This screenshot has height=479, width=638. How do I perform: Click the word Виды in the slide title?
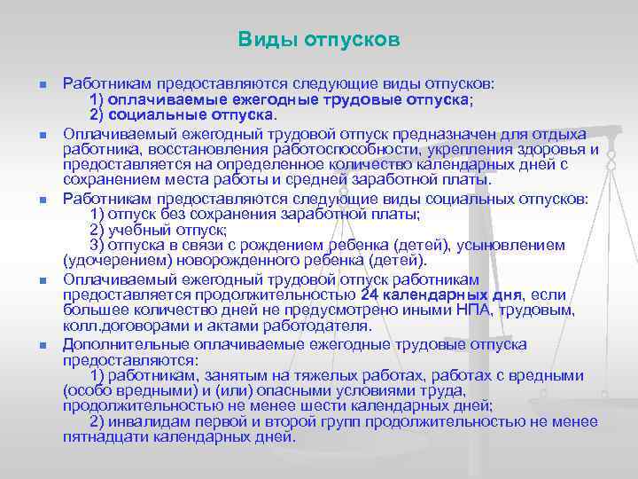click(x=262, y=40)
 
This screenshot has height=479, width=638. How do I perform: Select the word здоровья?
click(x=554, y=149)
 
